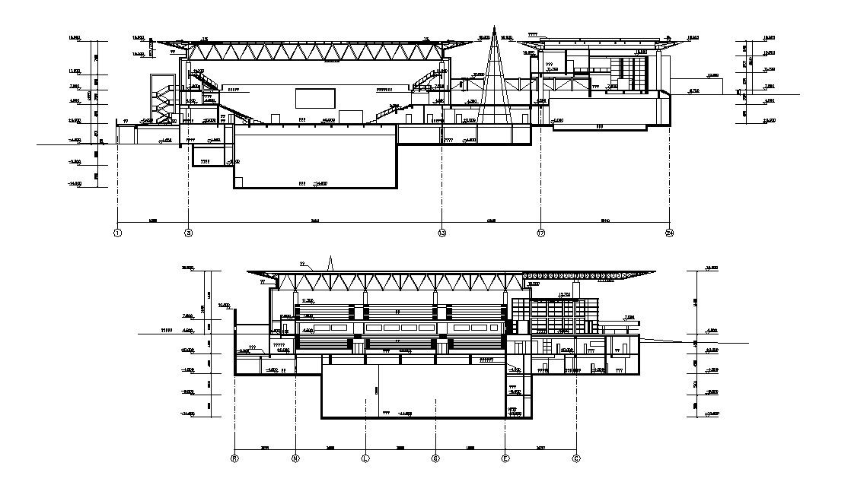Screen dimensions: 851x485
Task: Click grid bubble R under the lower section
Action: point(234,458)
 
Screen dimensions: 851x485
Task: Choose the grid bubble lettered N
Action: point(295,458)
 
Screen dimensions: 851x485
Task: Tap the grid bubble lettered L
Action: point(365,458)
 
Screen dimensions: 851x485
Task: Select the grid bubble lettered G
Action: point(435,458)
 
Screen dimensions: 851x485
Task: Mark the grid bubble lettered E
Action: point(505,458)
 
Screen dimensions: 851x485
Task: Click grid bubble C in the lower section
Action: point(575,458)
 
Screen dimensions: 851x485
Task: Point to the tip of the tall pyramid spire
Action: point(493,28)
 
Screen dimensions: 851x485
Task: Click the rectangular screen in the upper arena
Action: point(314,99)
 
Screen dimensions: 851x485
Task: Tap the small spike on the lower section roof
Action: point(330,262)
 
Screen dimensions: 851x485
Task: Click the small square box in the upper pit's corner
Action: point(239,181)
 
